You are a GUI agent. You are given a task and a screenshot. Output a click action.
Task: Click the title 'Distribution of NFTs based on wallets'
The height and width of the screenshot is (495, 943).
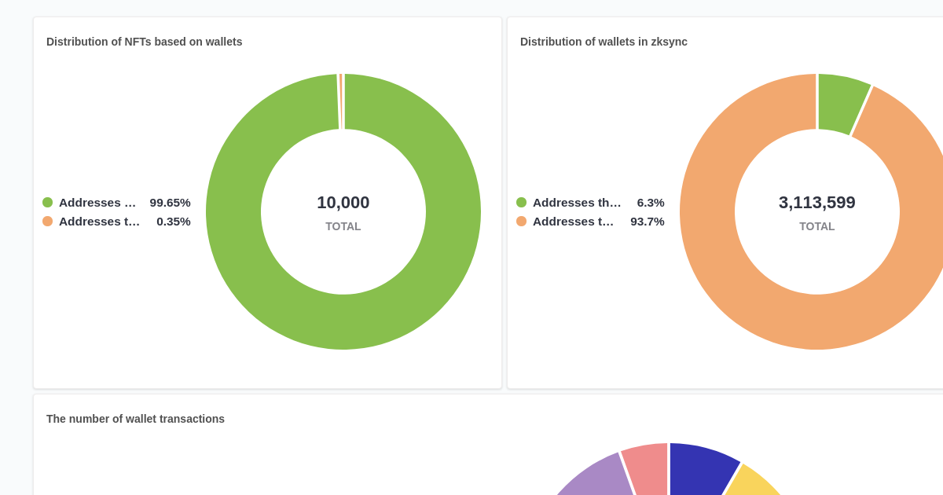144,42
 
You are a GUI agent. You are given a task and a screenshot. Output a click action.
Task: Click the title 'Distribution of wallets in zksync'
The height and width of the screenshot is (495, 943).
604,42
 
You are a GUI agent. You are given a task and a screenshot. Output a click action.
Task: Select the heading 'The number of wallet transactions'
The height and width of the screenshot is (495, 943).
135,419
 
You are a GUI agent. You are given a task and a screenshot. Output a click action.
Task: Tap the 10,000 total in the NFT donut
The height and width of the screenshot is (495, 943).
343,203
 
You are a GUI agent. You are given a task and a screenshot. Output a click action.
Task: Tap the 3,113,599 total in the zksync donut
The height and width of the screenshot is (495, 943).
816,203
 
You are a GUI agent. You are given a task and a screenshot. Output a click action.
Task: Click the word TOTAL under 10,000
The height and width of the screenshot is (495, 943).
343,226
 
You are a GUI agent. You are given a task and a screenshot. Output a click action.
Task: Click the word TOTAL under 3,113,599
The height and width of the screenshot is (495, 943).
816,226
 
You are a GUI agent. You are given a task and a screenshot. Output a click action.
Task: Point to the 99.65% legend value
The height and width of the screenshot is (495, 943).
170,203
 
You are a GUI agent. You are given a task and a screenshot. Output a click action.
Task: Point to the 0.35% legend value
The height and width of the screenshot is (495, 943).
173,222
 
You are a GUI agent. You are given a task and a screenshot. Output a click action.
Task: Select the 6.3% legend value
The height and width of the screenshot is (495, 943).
651,203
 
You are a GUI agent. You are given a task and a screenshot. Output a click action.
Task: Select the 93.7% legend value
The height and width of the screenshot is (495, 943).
647,222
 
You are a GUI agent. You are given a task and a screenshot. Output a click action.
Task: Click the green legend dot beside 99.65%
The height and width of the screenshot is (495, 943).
48,203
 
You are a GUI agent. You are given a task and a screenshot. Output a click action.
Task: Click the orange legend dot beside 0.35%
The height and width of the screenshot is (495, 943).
48,222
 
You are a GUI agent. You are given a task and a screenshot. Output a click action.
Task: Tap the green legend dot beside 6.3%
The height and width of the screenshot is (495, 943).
522,203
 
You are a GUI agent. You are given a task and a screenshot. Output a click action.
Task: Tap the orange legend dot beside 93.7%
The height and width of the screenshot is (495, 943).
522,222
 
